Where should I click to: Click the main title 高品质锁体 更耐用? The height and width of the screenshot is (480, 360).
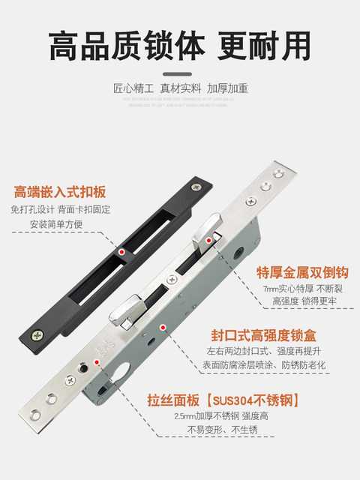(x=180, y=46)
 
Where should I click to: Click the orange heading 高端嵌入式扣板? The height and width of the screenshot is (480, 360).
(x=56, y=191)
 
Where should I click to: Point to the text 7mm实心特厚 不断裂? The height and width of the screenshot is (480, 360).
(x=303, y=289)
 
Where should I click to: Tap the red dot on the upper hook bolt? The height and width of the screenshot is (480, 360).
(x=209, y=239)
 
